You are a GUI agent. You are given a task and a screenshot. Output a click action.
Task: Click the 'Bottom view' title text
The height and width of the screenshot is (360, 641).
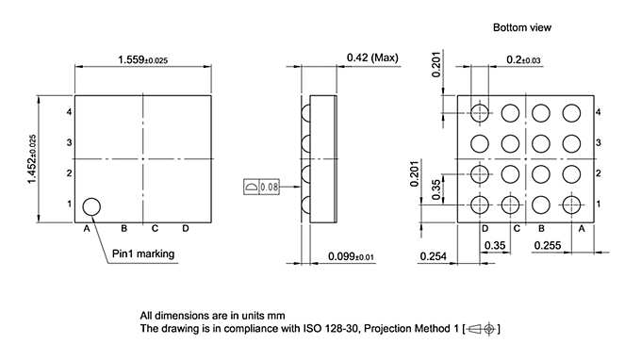click(521, 27)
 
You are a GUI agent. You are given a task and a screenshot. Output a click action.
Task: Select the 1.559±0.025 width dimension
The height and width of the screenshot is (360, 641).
click(143, 59)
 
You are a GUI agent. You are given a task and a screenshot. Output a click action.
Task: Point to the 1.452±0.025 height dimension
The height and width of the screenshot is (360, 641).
click(31, 159)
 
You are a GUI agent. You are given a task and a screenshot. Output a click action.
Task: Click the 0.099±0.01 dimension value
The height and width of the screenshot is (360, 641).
click(352, 256)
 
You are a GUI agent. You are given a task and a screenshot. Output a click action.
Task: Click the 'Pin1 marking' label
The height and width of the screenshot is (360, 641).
click(143, 254)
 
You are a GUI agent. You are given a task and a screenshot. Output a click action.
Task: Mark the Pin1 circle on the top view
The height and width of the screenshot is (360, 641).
click(91, 206)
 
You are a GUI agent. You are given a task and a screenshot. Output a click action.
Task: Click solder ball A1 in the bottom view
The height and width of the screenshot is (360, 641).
click(571, 205)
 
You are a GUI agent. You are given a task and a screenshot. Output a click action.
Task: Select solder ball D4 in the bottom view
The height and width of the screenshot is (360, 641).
click(481, 113)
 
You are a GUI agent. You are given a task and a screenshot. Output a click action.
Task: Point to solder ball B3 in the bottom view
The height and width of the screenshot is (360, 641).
click(541, 143)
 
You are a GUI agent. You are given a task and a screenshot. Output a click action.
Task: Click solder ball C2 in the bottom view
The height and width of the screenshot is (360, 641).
click(511, 174)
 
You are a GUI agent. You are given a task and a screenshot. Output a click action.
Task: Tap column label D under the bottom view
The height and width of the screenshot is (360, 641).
click(485, 228)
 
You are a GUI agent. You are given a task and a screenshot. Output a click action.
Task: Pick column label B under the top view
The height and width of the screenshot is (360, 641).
click(123, 228)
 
